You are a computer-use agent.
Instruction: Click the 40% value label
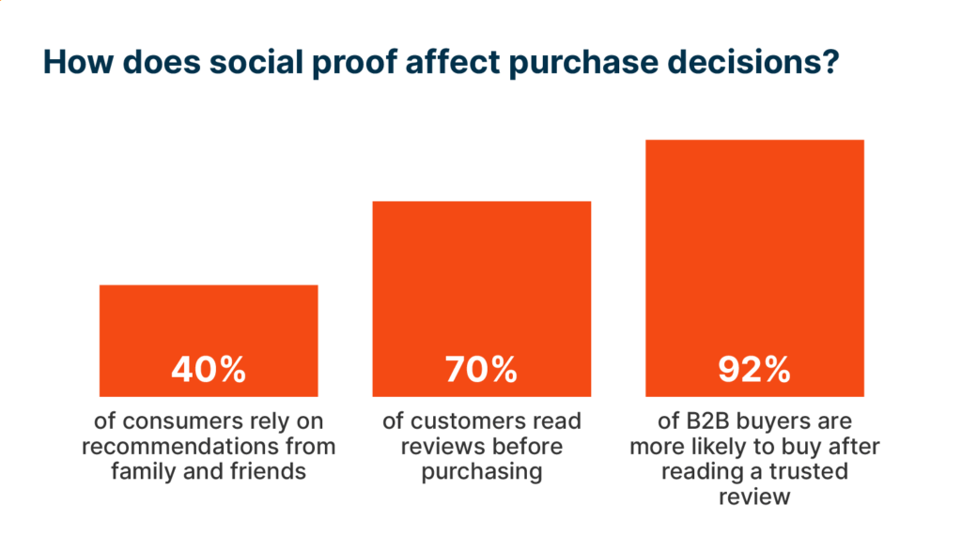(209, 370)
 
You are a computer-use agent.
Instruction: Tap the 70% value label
(481, 370)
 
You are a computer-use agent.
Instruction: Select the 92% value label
(754, 370)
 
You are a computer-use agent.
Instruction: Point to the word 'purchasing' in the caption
(481, 471)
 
